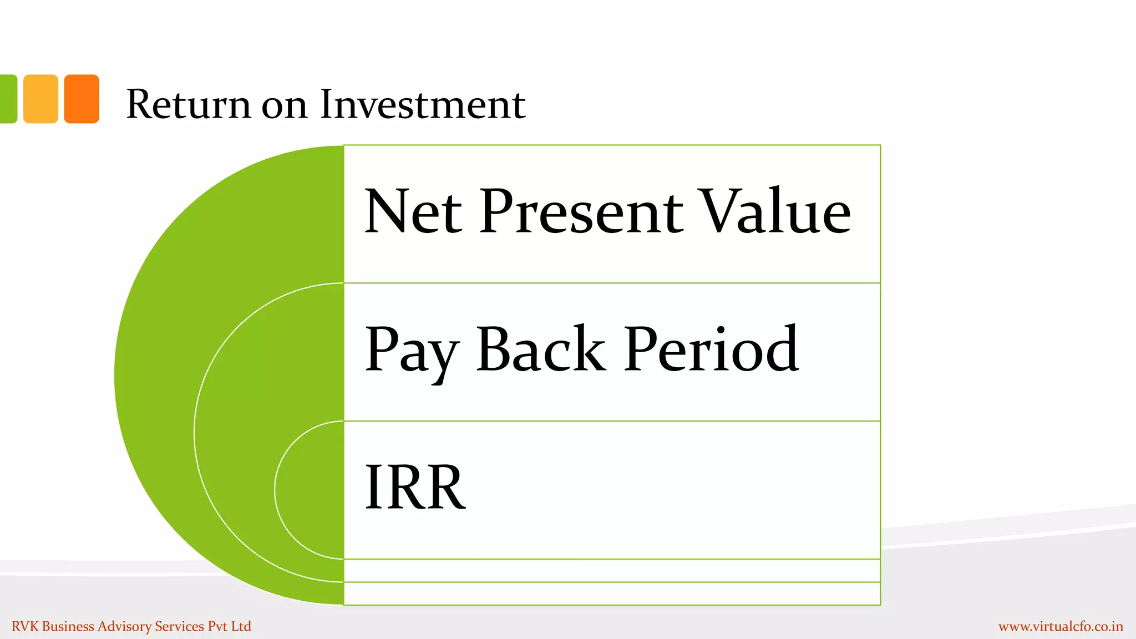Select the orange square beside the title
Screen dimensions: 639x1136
point(82,99)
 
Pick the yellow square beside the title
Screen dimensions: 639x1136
point(40,99)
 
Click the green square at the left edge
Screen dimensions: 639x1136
point(8,99)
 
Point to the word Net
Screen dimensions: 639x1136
point(413,211)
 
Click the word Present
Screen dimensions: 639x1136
point(581,211)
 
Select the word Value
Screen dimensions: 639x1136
point(774,211)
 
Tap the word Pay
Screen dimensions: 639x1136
point(411,351)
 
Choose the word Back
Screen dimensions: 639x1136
point(540,349)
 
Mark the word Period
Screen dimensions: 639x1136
point(711,349)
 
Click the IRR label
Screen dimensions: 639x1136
point(415,487)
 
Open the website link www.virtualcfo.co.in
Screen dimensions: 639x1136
point(1061,627)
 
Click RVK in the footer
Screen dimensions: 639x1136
point(25,626)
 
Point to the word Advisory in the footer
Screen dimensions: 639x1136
point(124,627)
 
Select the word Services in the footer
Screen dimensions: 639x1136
point(179,626)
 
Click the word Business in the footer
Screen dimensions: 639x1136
point(68,626)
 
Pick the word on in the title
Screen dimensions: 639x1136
point(284,105)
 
